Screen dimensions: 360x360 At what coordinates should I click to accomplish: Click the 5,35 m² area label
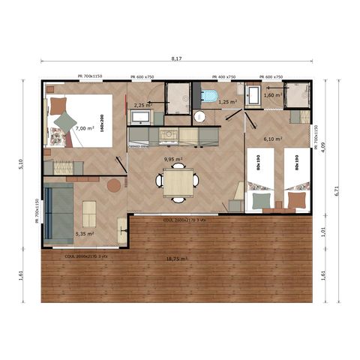pos(84,233)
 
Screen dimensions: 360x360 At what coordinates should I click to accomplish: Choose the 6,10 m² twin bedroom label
pos(272,139)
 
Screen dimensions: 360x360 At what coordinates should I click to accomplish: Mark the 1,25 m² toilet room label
pos(227,102)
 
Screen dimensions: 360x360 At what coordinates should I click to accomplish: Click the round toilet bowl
pos(199,117)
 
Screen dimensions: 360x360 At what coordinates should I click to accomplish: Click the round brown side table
pos(114,184)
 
